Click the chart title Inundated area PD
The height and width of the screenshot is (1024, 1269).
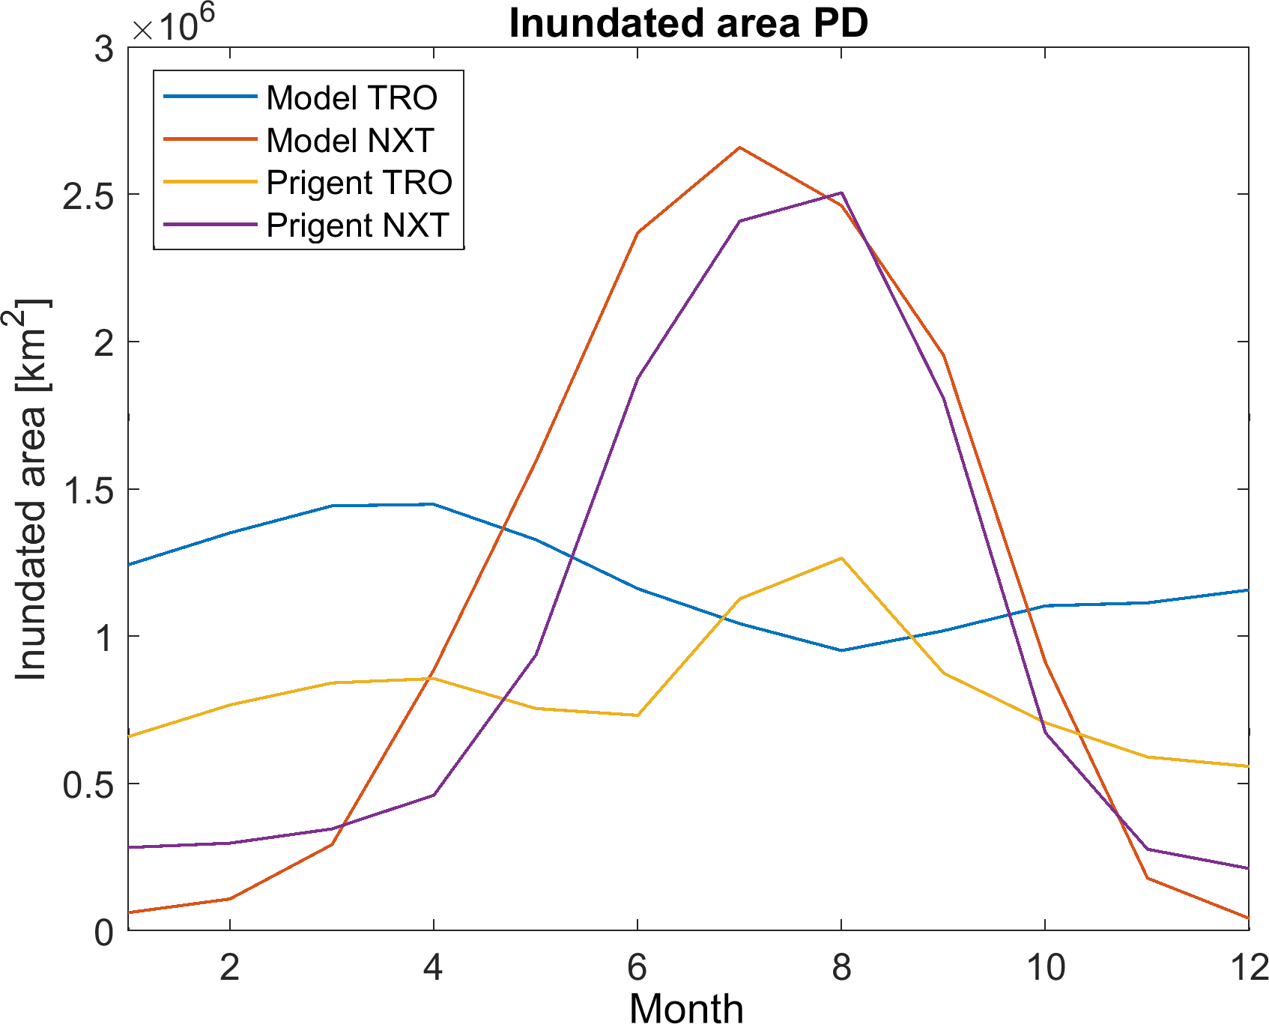tap(688, 23)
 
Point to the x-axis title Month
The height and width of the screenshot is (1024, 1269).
tap(686, 1008)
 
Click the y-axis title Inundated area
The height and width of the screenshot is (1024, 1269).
tap(31, 491)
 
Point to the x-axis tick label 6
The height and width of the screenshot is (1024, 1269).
tap(637, 968)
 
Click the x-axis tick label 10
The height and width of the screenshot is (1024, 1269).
tap(1045, 968)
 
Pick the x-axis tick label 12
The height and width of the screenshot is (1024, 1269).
tap(1249, 968)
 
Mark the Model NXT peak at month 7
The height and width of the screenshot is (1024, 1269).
tap(739, 148)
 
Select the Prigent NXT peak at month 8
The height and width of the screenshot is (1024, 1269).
tap(841, 193)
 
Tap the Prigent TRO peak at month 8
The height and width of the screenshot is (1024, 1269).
tap(841, 558)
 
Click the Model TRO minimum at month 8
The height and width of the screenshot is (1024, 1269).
tap(841, 650)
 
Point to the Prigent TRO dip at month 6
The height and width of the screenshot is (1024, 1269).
tap(637, 715)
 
